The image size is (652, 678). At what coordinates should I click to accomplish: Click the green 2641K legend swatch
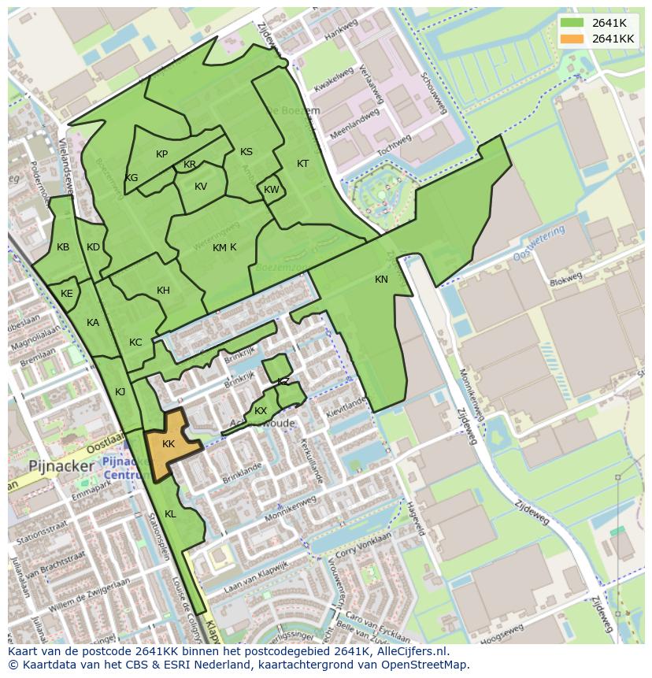[572, 23]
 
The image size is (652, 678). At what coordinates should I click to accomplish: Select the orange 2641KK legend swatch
[572, 38]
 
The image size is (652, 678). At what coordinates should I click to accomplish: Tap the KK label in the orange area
[169, 444]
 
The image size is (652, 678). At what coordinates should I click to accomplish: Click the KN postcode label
[381, 280]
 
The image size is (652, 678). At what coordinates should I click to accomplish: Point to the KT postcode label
[302, 164]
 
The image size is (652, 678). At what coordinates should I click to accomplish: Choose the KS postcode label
[246, 152]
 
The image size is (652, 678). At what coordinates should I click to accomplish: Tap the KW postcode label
[271, 190]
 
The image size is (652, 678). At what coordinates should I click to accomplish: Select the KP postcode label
[161, 154]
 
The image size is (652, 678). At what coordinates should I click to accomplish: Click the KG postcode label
[132, 178]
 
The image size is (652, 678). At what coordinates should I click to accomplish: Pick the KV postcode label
[201, 187]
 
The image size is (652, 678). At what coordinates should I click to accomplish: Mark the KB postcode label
[63, 247]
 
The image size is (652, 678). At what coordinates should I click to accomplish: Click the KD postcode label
[93, 247]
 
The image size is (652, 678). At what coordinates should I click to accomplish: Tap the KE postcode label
[67, 294]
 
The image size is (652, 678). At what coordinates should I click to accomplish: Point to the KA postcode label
[93, 323]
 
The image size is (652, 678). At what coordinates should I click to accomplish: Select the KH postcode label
[163, 291]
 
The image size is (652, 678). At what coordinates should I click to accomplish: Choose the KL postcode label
[170, 514]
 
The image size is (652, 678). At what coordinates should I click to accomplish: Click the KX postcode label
[261, 411]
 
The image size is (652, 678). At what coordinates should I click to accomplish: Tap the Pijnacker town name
[61, 465]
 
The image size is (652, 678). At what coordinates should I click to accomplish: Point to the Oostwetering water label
[539, 244]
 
